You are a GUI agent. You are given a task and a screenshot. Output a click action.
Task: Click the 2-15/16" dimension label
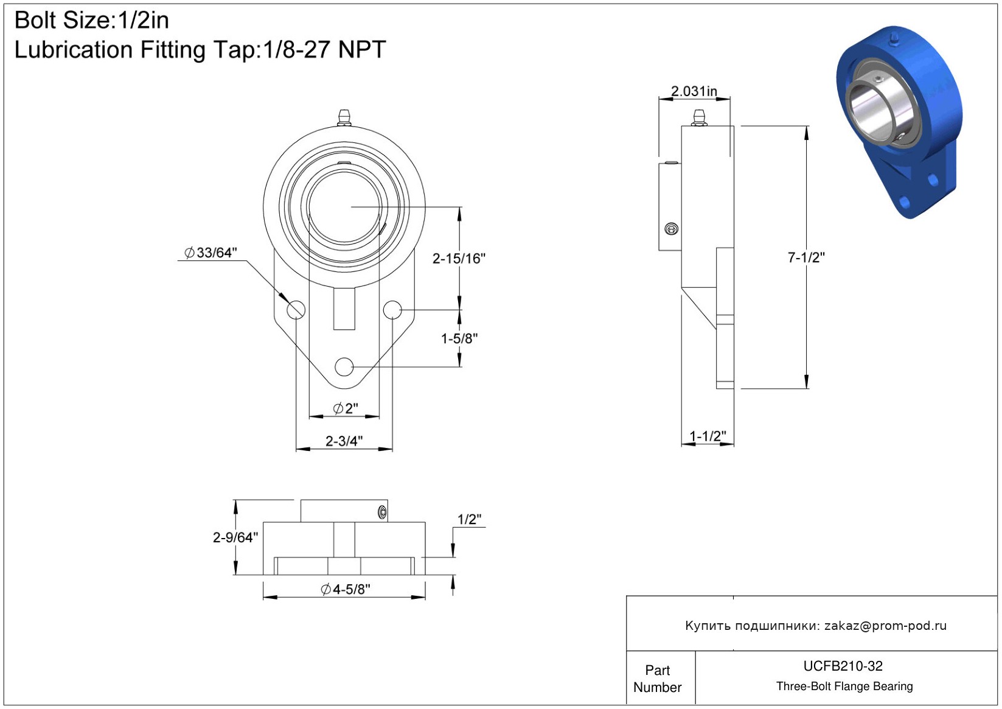(459, 259)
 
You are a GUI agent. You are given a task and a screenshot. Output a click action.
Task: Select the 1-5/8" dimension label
(459, 338)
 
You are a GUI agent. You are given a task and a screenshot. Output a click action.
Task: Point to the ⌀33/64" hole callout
(211, 253)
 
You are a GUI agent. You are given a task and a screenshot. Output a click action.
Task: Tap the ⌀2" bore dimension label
(346, 408)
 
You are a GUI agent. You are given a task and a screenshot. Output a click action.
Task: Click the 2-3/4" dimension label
(344, 441)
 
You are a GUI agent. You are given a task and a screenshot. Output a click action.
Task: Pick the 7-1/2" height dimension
(806, 257)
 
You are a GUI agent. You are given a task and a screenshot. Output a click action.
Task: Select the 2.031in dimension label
(694, 91)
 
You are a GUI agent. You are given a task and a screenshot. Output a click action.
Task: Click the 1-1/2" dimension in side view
(708, 436)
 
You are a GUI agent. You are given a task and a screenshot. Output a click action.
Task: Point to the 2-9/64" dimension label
(235, 537)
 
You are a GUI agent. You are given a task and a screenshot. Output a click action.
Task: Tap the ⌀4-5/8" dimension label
(346, 589)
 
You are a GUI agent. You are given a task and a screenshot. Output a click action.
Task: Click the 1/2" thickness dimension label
(469, 519)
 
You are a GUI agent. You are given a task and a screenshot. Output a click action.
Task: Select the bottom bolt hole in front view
(344, 367)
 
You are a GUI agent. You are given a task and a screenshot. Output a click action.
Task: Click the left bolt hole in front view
(296, 310)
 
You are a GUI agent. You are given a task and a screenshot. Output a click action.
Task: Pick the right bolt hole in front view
(392, 310)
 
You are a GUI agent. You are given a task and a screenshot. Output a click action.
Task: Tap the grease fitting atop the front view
(344, 117)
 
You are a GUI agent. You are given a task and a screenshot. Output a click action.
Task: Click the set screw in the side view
(672, 229)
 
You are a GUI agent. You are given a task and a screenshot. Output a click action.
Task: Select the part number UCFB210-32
(843, 666)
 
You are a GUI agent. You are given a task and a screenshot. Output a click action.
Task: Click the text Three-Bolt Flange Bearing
(844, 686)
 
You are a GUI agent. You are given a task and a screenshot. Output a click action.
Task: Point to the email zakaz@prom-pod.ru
(885, 626)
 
